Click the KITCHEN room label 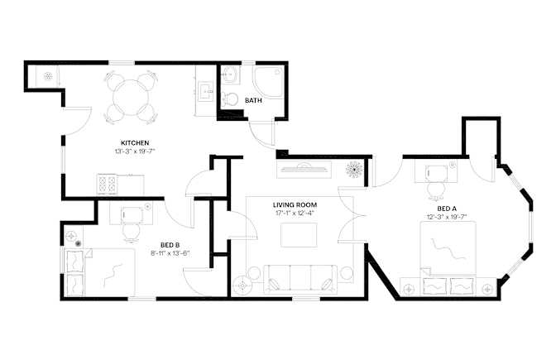135,143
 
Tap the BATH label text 253,101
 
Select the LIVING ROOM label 295,205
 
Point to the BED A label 447,209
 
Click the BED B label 170,245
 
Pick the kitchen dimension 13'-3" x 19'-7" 135,151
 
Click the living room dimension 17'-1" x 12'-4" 295,214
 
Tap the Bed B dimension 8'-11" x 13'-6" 170,253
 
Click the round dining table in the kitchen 131,97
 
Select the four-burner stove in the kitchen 107,184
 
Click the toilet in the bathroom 230,99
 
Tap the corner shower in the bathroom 268,82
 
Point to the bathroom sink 231,74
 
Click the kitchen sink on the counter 206,92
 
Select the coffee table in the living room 299,235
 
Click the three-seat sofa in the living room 300,279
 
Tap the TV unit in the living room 304,169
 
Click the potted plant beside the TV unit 354,169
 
